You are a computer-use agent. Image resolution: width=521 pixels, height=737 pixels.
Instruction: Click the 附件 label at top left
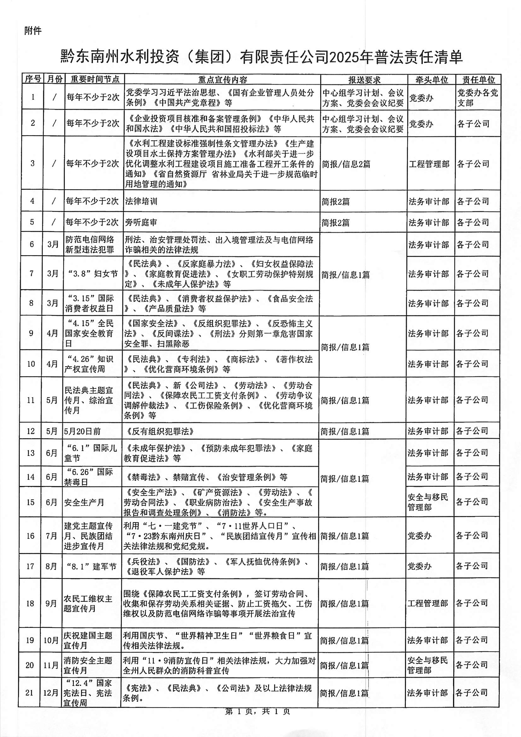(33, 31)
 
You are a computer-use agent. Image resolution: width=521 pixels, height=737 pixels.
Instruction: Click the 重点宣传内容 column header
(222, 79)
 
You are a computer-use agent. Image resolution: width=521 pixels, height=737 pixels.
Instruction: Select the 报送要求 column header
(364, 79)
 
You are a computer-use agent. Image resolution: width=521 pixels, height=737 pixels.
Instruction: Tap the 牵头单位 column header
(431, 79)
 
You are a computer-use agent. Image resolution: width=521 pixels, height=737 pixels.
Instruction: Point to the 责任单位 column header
(478, 79)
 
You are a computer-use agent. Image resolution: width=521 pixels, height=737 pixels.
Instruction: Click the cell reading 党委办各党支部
(477, 97)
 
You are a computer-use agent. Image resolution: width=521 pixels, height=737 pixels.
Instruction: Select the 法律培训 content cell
(141, 201)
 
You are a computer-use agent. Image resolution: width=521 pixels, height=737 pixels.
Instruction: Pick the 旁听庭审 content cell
(141, 222)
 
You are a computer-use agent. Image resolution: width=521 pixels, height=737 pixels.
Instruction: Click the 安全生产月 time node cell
(84, 502)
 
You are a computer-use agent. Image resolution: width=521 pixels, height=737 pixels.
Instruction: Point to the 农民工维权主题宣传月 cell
(88, 604)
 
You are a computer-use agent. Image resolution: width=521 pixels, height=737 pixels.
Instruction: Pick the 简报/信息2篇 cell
(346, 164)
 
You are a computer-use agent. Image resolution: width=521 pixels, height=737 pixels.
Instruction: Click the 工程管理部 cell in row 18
(428, 603)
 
